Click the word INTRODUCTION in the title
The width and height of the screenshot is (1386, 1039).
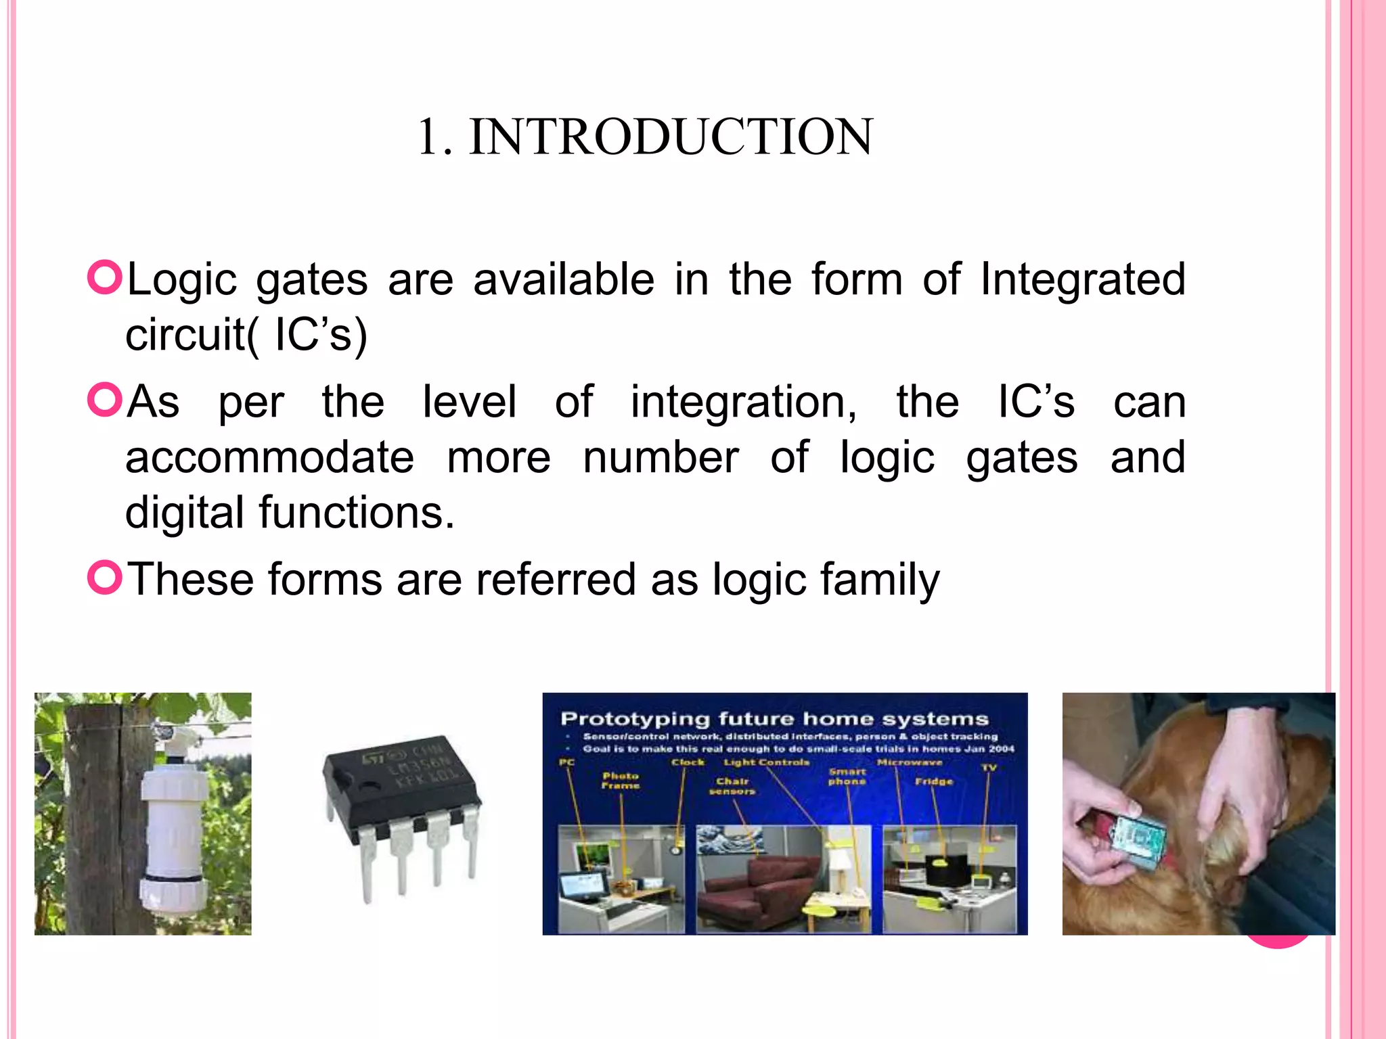671,137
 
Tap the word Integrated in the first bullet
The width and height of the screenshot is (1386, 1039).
1083,279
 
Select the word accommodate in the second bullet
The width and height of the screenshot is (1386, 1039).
269,457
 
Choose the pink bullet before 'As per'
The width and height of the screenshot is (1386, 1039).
104,400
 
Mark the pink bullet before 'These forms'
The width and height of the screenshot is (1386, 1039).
104,578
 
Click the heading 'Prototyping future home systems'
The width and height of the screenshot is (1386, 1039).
774,718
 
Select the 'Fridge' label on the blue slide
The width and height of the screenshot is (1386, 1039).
934,781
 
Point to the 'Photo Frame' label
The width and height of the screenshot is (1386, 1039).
621,781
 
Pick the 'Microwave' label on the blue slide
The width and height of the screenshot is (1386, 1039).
909,762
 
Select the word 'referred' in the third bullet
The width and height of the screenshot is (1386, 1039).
556,580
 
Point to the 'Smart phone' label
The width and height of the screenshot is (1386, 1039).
847,776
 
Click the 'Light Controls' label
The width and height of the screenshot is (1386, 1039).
766,762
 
